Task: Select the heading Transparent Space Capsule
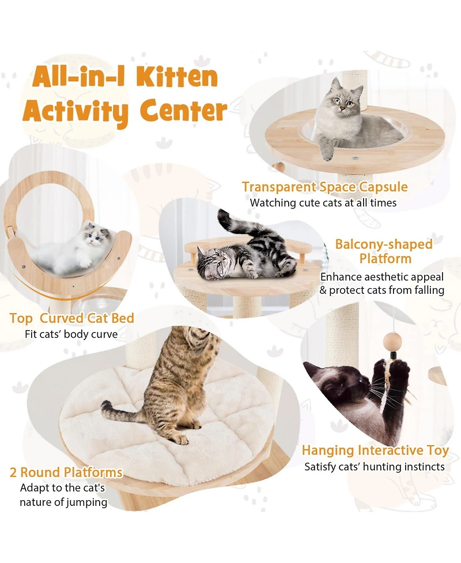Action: click(x=324, y=187)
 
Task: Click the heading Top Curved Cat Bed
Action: click(x=72, y=318)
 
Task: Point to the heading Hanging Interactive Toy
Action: click(x=375, y=451)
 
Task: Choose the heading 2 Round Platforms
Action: click(x=66, y=473)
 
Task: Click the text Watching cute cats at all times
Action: click(x=323, y=203)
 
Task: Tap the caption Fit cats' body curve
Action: click(x=71, y=334)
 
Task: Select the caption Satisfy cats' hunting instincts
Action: click(x=375, y=467)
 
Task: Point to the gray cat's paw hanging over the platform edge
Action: click(x=327, y=154)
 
